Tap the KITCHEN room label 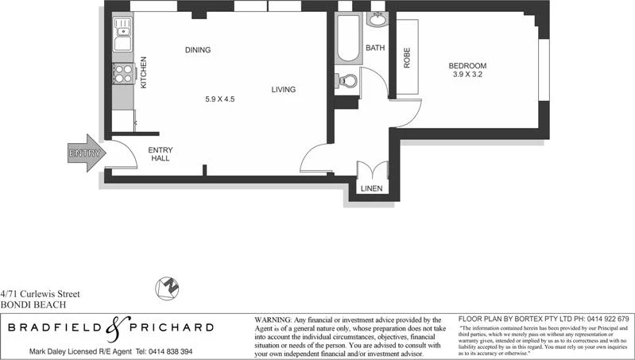point(144,72)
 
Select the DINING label point(198,50)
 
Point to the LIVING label point(283,90)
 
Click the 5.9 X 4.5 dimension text point(220,99)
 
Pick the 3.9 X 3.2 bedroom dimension point(467,75)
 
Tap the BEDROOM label point(467,65)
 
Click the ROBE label point(406,58)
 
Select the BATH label point(375,48)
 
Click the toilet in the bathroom point(347,81)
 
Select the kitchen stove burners point(123,74)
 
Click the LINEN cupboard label point(371,188)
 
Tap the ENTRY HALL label point(161,154)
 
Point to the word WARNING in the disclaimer point(273,318)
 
